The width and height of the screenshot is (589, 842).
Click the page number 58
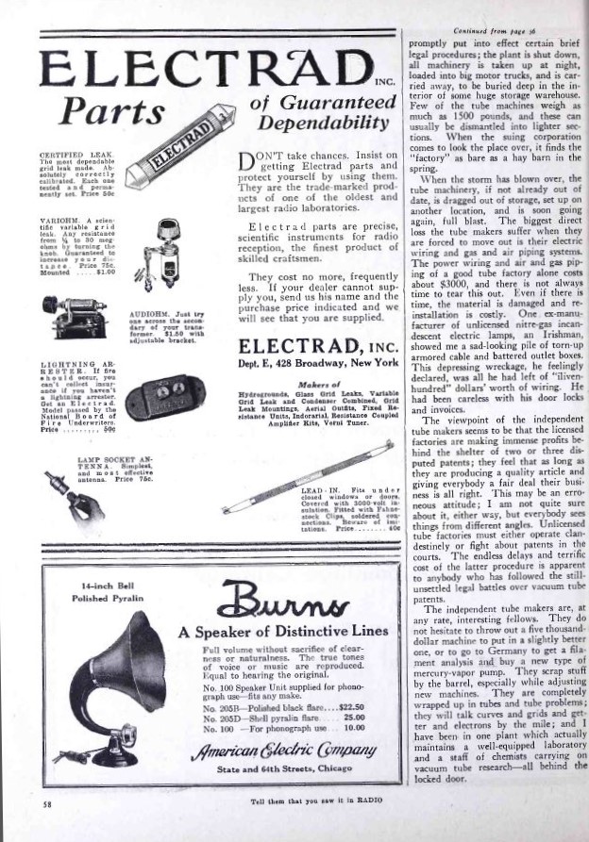click(46, 804)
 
